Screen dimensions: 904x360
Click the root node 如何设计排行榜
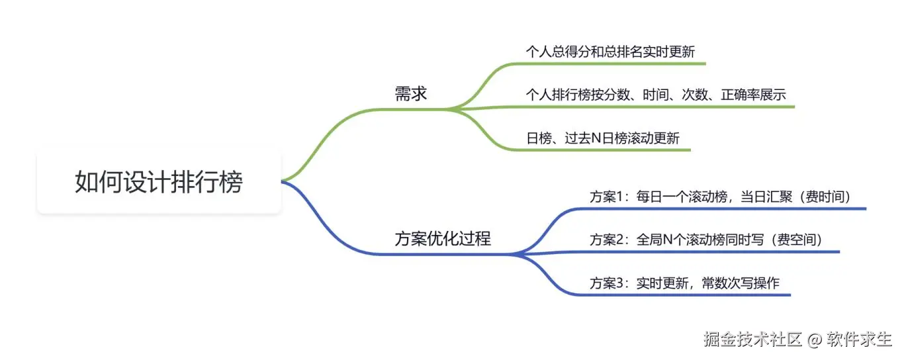coord(159,181)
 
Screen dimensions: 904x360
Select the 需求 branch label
coord(411,94)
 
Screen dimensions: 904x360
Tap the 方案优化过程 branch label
coord(443,239)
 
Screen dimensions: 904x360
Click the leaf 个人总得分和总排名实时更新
coord(610,52)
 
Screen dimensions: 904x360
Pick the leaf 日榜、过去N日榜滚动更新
coord(602,138)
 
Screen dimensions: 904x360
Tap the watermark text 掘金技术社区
coord(753,339)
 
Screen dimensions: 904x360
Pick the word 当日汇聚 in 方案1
coord(766,197)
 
